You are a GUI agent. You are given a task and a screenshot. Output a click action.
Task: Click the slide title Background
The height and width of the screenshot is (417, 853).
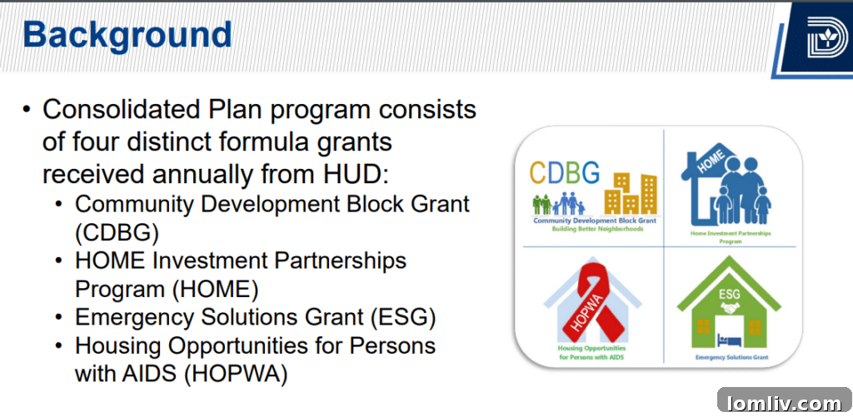pyautogui.click(x=127, y=35)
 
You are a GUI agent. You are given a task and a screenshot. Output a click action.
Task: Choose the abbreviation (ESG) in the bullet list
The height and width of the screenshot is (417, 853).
pyautogui.click(x=397, y=317)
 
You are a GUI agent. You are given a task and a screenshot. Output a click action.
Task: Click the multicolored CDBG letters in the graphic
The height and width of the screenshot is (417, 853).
pyautogui.click(x=565, y=173)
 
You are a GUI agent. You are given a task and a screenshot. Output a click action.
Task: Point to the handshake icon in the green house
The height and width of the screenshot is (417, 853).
pyautogui.click(x=731, y=308)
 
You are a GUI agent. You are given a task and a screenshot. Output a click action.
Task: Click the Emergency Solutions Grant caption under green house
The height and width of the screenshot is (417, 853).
pyautogui.click(x=731, y=357)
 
